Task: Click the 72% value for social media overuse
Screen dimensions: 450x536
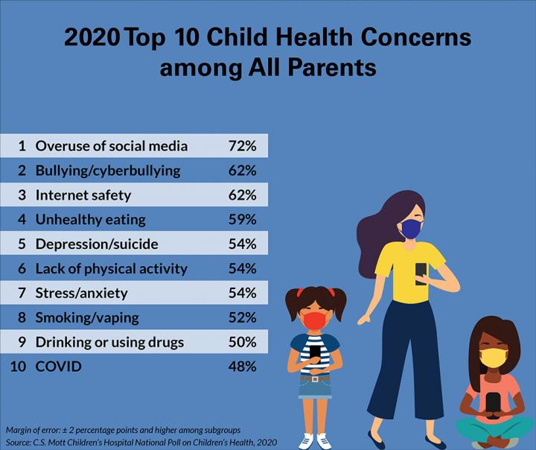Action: [x=242, y=145]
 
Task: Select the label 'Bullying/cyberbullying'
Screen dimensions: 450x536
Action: [x=108, y=171]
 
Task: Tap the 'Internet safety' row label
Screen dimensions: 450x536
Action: [x=83, y=195]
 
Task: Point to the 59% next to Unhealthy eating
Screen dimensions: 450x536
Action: [x=242, y=220]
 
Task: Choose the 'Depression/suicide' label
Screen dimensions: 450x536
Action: [x=97, y=244]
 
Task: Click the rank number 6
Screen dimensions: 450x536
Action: [x=22, y=268]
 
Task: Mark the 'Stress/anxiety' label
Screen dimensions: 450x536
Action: [x=82, y=293]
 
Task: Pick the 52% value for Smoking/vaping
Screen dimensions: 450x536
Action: [x=242, y=317]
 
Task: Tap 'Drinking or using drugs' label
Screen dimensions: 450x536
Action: [x=109, y=342]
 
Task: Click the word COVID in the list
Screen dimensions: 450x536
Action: [x=59, y=367]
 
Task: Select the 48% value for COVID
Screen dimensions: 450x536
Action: [x=242, y=367]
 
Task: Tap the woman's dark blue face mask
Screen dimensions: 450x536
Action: [x=410, y=229]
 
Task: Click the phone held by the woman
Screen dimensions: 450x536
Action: [x=421, y=272]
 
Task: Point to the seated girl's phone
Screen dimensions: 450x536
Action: [x=492, y=401]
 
